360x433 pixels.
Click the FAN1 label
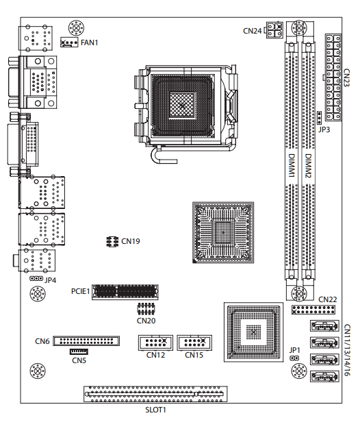tap(90, 42)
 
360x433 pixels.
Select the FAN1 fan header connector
tap(68, 42)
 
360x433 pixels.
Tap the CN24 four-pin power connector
tap(274, 30)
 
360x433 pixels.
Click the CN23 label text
tap(346, 78)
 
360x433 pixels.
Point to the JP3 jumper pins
tap(320, 118)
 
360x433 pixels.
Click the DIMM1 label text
tap(292, 166)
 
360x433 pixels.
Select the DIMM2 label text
tap(308, 166)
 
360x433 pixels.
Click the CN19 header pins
tap(112, 242)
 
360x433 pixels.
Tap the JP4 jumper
tap(36, 279)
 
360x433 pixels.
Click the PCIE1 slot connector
tap(125, 292)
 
